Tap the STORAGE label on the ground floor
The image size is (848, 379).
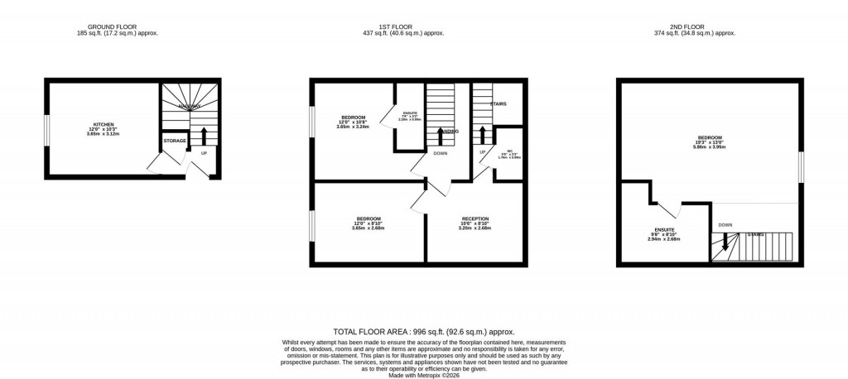(x=175, y=141)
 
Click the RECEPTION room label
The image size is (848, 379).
(x=475, y=219)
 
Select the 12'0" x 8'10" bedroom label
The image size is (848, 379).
(x=368, y=218)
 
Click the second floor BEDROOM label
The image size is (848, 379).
(x=710, y=137)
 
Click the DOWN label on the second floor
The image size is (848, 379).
(x=725, y=224)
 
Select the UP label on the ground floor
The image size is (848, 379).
(x=203, y=153)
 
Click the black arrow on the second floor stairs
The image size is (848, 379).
(x=725, y=242)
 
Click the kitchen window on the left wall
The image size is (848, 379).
(x=46, y=128)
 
